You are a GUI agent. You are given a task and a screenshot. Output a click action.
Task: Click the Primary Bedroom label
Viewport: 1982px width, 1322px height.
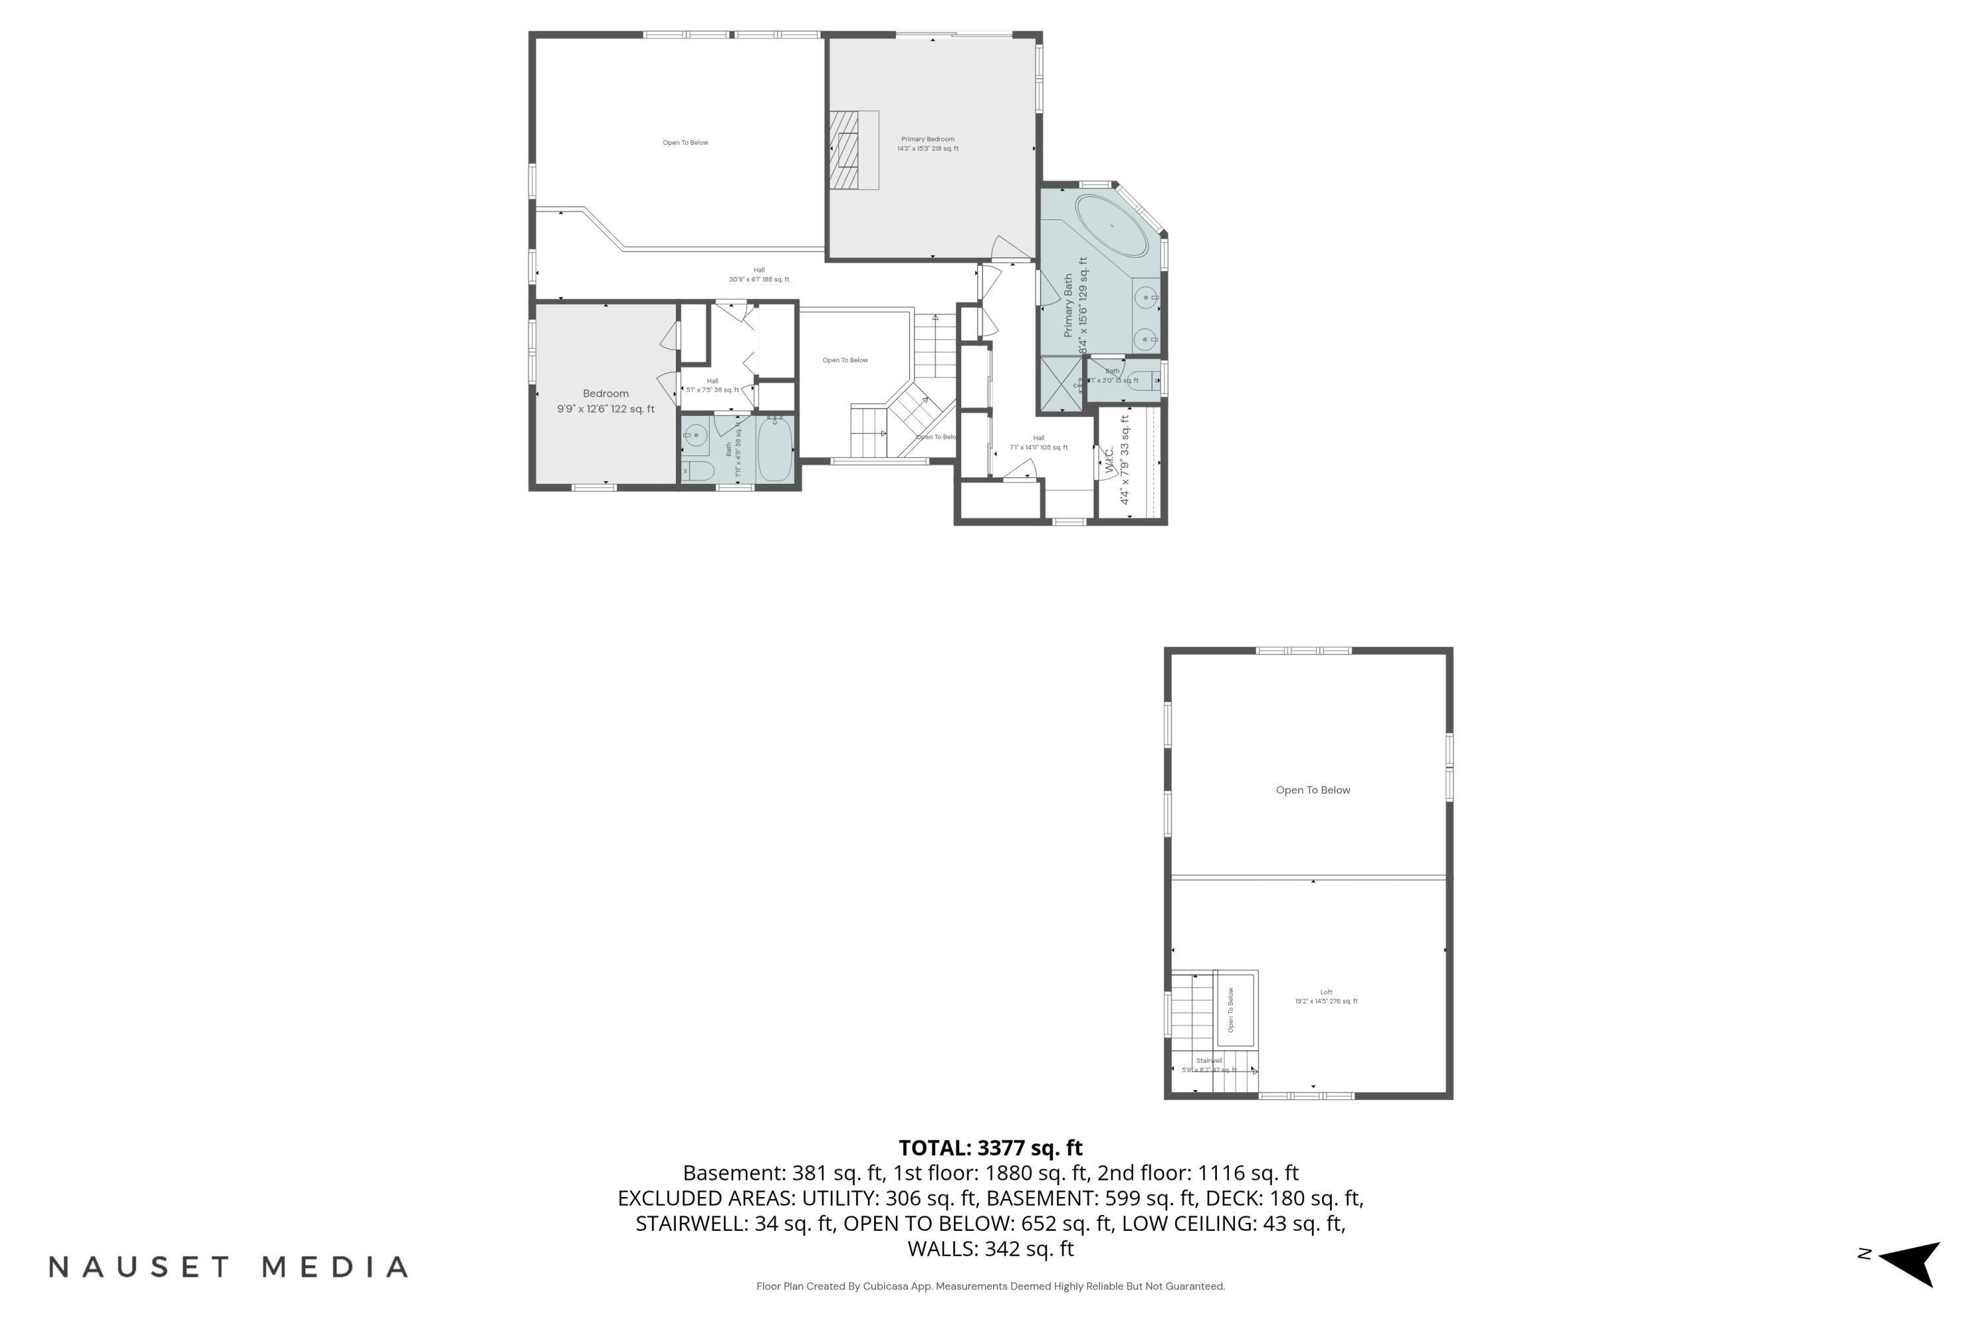[927, 143]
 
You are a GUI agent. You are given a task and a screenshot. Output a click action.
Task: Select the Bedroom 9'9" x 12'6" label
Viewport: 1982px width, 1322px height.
[605, 401]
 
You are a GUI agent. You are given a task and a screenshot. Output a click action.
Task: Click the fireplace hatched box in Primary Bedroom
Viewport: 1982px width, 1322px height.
[844, 150]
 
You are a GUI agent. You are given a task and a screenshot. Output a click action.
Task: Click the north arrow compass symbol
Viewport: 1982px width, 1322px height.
[1912, 1263]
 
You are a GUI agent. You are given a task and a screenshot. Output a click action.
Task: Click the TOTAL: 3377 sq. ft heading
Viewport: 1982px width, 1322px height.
[990, 1147]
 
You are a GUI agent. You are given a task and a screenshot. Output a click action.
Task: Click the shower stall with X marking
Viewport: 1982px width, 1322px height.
[1061, 385]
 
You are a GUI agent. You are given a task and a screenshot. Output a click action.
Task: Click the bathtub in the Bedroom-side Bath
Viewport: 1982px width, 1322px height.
[774, 449]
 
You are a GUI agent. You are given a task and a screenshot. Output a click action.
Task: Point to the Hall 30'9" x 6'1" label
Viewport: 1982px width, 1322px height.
[758, 275]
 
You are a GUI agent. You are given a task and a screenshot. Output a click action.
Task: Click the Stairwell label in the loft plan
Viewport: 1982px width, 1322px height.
[1208, 1065]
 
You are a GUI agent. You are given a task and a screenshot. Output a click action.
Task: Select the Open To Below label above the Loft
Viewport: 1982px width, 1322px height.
[1312, 790]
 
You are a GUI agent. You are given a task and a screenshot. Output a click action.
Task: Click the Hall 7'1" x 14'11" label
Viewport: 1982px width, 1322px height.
[1038, 443]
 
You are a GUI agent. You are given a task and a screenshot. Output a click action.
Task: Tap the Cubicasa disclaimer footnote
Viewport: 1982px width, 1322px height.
[990, 1286]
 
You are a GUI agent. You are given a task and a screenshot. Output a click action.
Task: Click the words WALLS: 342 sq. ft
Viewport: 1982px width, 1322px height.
[990, 1249]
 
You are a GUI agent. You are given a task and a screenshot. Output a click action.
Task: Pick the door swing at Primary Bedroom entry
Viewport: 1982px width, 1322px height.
[1010, 248]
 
